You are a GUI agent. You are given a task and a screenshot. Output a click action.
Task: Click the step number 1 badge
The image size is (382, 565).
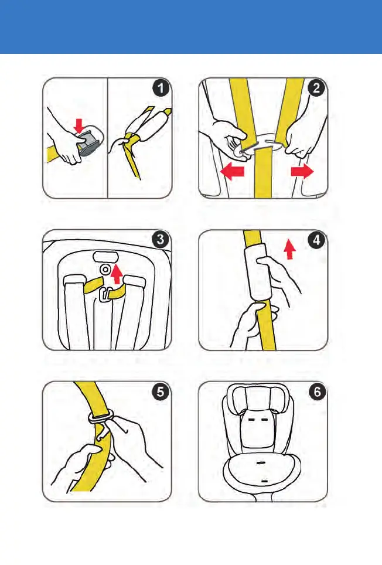coord(161,89)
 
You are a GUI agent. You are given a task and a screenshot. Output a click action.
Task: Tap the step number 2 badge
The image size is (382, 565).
coord(316,89)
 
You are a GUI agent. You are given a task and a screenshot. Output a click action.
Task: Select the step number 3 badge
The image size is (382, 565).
coord(161,240)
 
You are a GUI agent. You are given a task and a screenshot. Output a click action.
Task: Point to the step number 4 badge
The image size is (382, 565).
coord(316,240)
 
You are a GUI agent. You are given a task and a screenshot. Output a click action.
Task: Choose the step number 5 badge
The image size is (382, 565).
coord(161,392)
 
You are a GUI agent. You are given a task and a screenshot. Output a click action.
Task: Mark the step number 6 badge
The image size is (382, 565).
coord(317,392)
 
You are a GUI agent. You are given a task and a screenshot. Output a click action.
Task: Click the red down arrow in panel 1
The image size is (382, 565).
coord(80,126)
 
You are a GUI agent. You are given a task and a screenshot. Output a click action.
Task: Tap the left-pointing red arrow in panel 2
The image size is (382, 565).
coord(232,172)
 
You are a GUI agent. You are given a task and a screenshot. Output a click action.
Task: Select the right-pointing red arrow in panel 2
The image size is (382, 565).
coord(302,172)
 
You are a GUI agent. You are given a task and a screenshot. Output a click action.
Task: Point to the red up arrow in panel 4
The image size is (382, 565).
coord(289,250)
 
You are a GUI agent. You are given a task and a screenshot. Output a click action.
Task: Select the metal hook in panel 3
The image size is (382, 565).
coord(104,295)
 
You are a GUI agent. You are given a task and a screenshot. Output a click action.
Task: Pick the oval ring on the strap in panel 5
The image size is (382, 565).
coord(101,418)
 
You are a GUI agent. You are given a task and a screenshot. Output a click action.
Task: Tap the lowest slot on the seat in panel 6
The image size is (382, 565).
coord(264,481)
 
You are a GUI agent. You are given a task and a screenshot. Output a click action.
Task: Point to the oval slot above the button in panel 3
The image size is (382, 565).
coord(105,256)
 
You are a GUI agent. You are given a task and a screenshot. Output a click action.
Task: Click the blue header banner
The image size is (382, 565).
coord(191,26)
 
